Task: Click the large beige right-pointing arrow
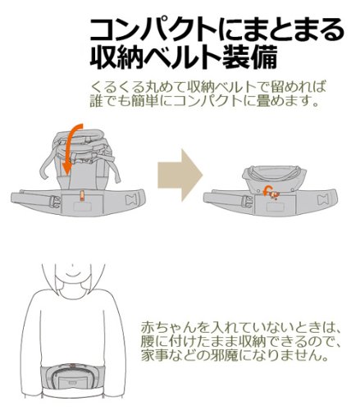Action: [180, 175]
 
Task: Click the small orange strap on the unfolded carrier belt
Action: [81, 196]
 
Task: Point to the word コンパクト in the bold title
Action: [156, 30]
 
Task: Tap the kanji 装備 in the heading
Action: [249, 57]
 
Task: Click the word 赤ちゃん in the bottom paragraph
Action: [168, 327]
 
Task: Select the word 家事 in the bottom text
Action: [154, 355]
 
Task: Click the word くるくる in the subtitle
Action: [117, 87]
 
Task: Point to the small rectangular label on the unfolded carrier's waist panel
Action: [81, 206]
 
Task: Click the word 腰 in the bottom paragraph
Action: [148, 341]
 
